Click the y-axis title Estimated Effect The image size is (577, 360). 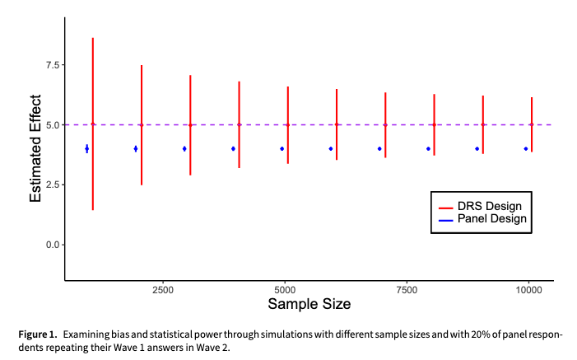[x=36, y=148]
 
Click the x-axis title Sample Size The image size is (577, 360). [x=309, y=304]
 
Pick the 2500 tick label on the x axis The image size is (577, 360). [x=162, y=290]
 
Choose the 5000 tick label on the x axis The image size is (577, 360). [x=284, y=290]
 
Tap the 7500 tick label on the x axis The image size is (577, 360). [x=406, y=290]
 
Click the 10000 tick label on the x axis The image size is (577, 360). [x=528, y=290]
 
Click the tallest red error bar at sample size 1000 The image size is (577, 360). [x=93, y=124]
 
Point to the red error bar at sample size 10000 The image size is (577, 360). [x=532, y=124]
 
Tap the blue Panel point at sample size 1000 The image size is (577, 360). [x=86, y=148]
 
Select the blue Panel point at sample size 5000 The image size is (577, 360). [x=282, y=148]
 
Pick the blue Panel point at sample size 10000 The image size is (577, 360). [x=525, y=148]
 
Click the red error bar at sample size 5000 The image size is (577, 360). [x=287, y=124]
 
